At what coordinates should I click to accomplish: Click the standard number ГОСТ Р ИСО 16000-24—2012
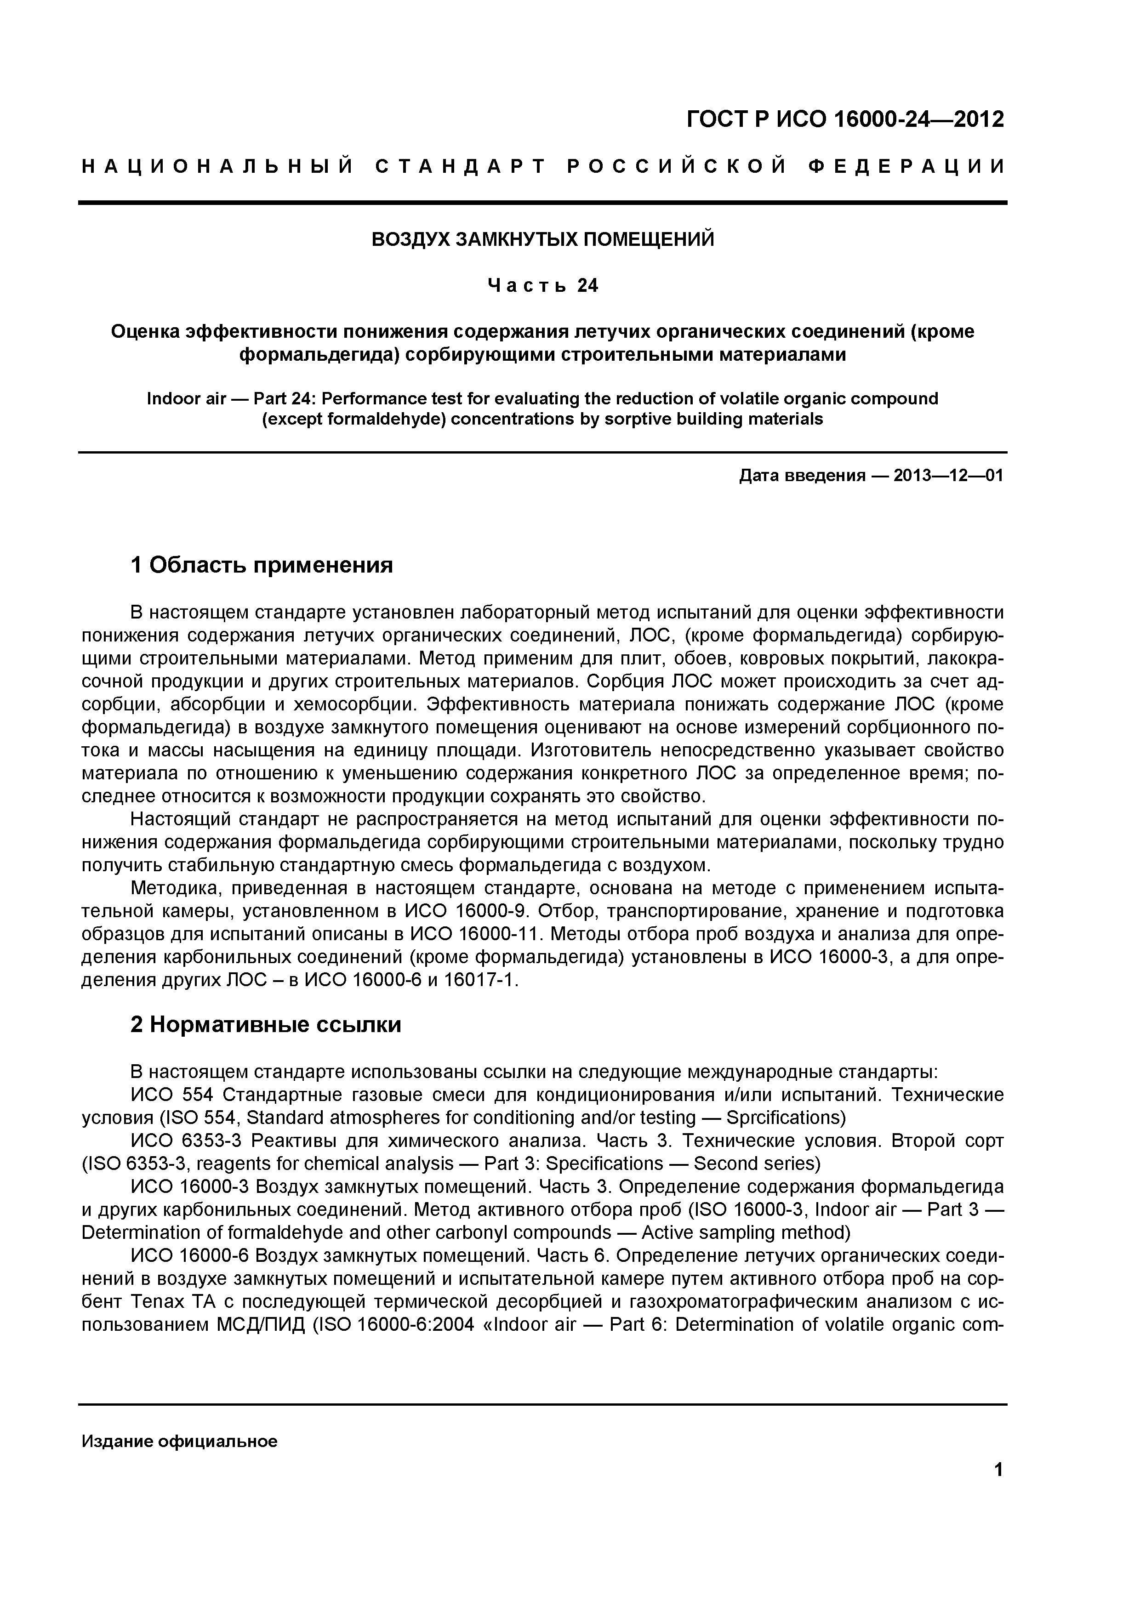tap(845, 119)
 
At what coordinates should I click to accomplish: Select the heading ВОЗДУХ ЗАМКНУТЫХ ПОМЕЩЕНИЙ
tap(542, 239)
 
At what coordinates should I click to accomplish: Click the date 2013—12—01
tap(948, 476)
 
